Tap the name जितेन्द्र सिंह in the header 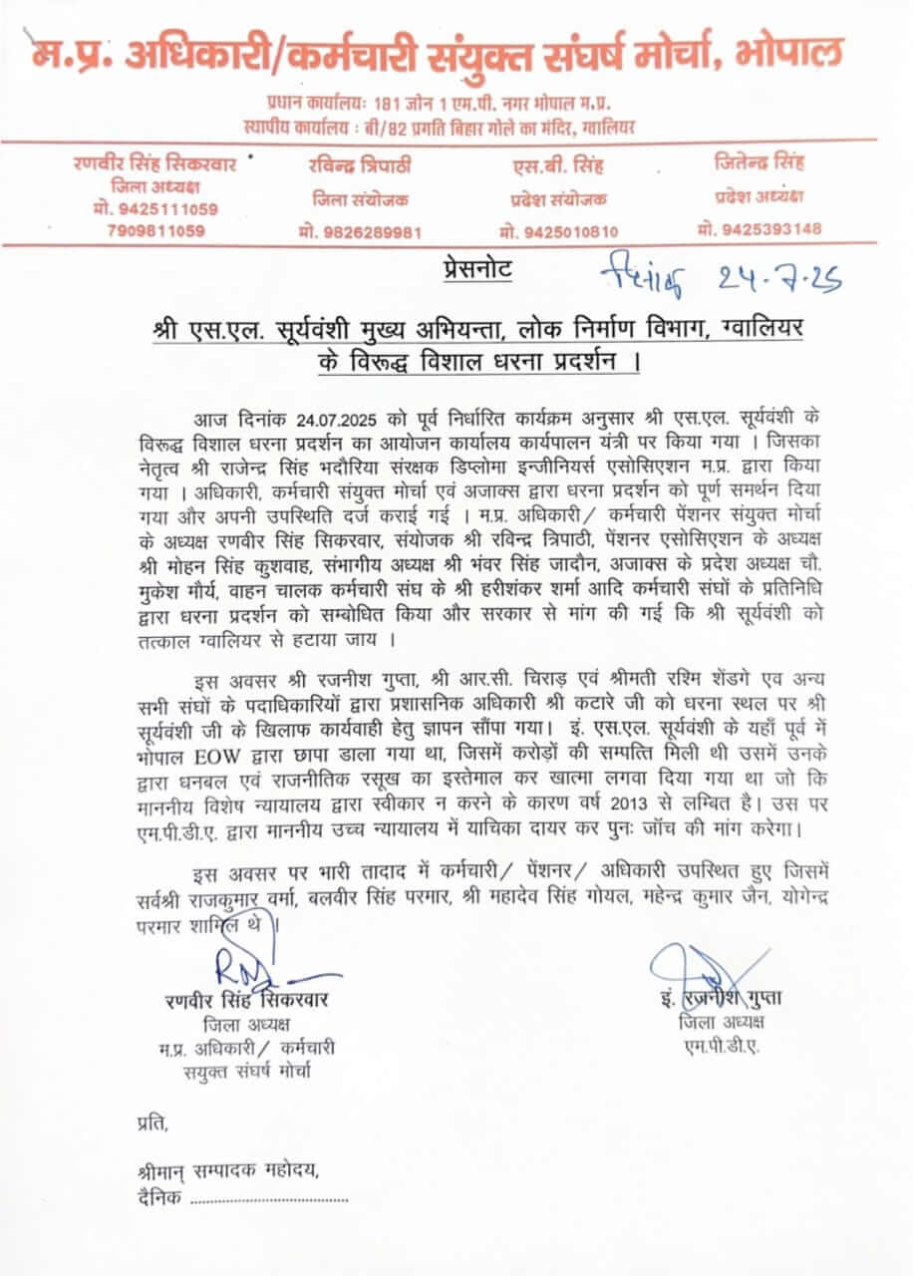pos(760,161)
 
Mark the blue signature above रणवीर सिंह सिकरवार pos(254,965)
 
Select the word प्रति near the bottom pos(152,1123)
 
